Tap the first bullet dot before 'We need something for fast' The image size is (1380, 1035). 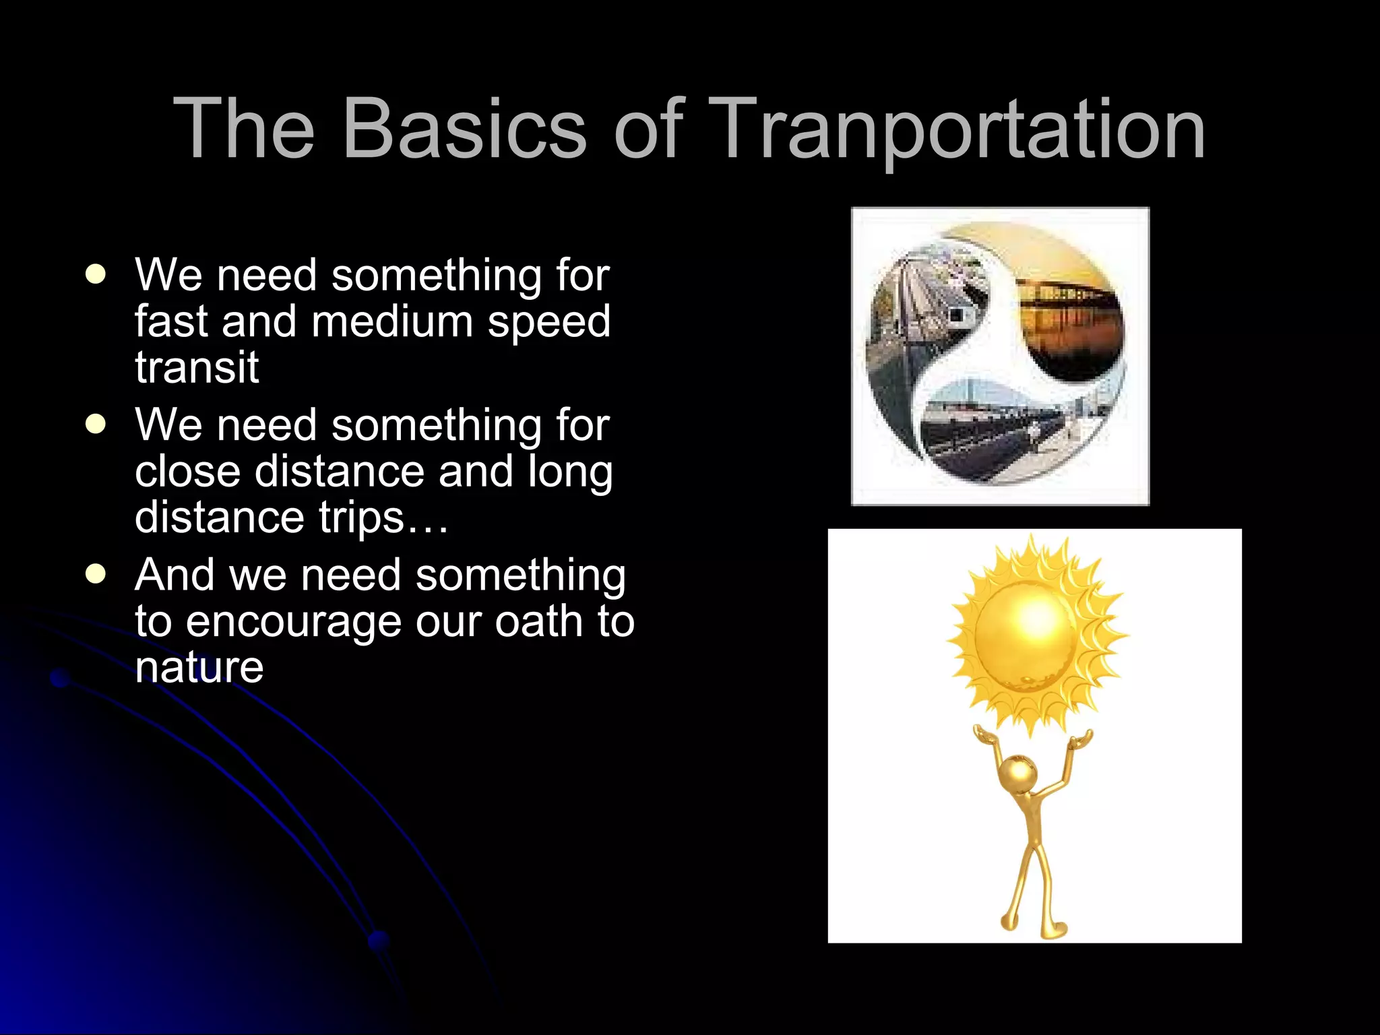pos(96,275)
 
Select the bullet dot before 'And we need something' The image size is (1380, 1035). pos(96,574)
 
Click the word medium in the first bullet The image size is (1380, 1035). pos(392,321)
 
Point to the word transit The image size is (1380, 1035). pos(197,367)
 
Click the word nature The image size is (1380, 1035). pos(199,667)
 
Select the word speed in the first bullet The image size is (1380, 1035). pos(548,321)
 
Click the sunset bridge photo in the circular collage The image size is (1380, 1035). pos(1071,317)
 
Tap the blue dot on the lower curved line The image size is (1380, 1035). pos(379,939)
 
